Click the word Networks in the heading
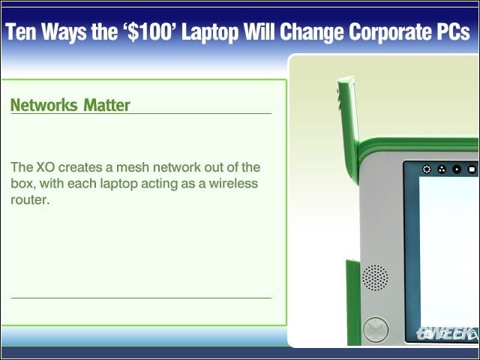pyautogui.click(x=44, y=105)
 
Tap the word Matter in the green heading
pyautogui.click(x=106, y=105)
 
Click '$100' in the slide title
pyautogui.click(x=150, y=31)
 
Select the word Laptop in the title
pyautogui.click(x=210, y=32)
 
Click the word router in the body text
pyautogui.click(x=30, y=200)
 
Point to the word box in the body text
pyautogui.click(x=22, y=183)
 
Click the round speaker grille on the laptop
pyautogui.click(x=375, y=277)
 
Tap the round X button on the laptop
pyautogui.click(x=376, y=329)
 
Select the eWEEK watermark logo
pyautogui.click(x=447, y=334)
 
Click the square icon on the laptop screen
pyautogui.click(x=472, y=169)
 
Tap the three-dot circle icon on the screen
pyautogui.click(x=442, y=169)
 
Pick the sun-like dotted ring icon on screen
pyautogui.click(x=427, y=169)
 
